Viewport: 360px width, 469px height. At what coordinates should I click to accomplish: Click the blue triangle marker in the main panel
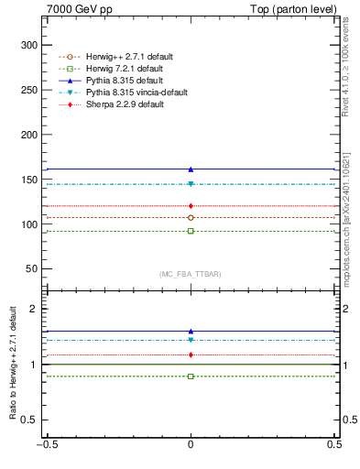click(x=191, y=169)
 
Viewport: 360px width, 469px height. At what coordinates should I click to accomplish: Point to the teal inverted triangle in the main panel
click(x=191, y=184)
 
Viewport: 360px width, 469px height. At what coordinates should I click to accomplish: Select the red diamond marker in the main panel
click(x=191, y=206)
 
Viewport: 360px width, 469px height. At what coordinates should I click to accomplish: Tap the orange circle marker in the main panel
click(x=191, y=218)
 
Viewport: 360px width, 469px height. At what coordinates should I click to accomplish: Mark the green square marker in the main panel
click(x=191, y=231)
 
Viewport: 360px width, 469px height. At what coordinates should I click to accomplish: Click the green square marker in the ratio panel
click(x=191, y=376)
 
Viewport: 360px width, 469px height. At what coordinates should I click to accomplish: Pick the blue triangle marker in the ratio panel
click(x=191, y=332)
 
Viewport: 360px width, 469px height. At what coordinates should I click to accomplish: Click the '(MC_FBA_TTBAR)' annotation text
click(x=191, y=274)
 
